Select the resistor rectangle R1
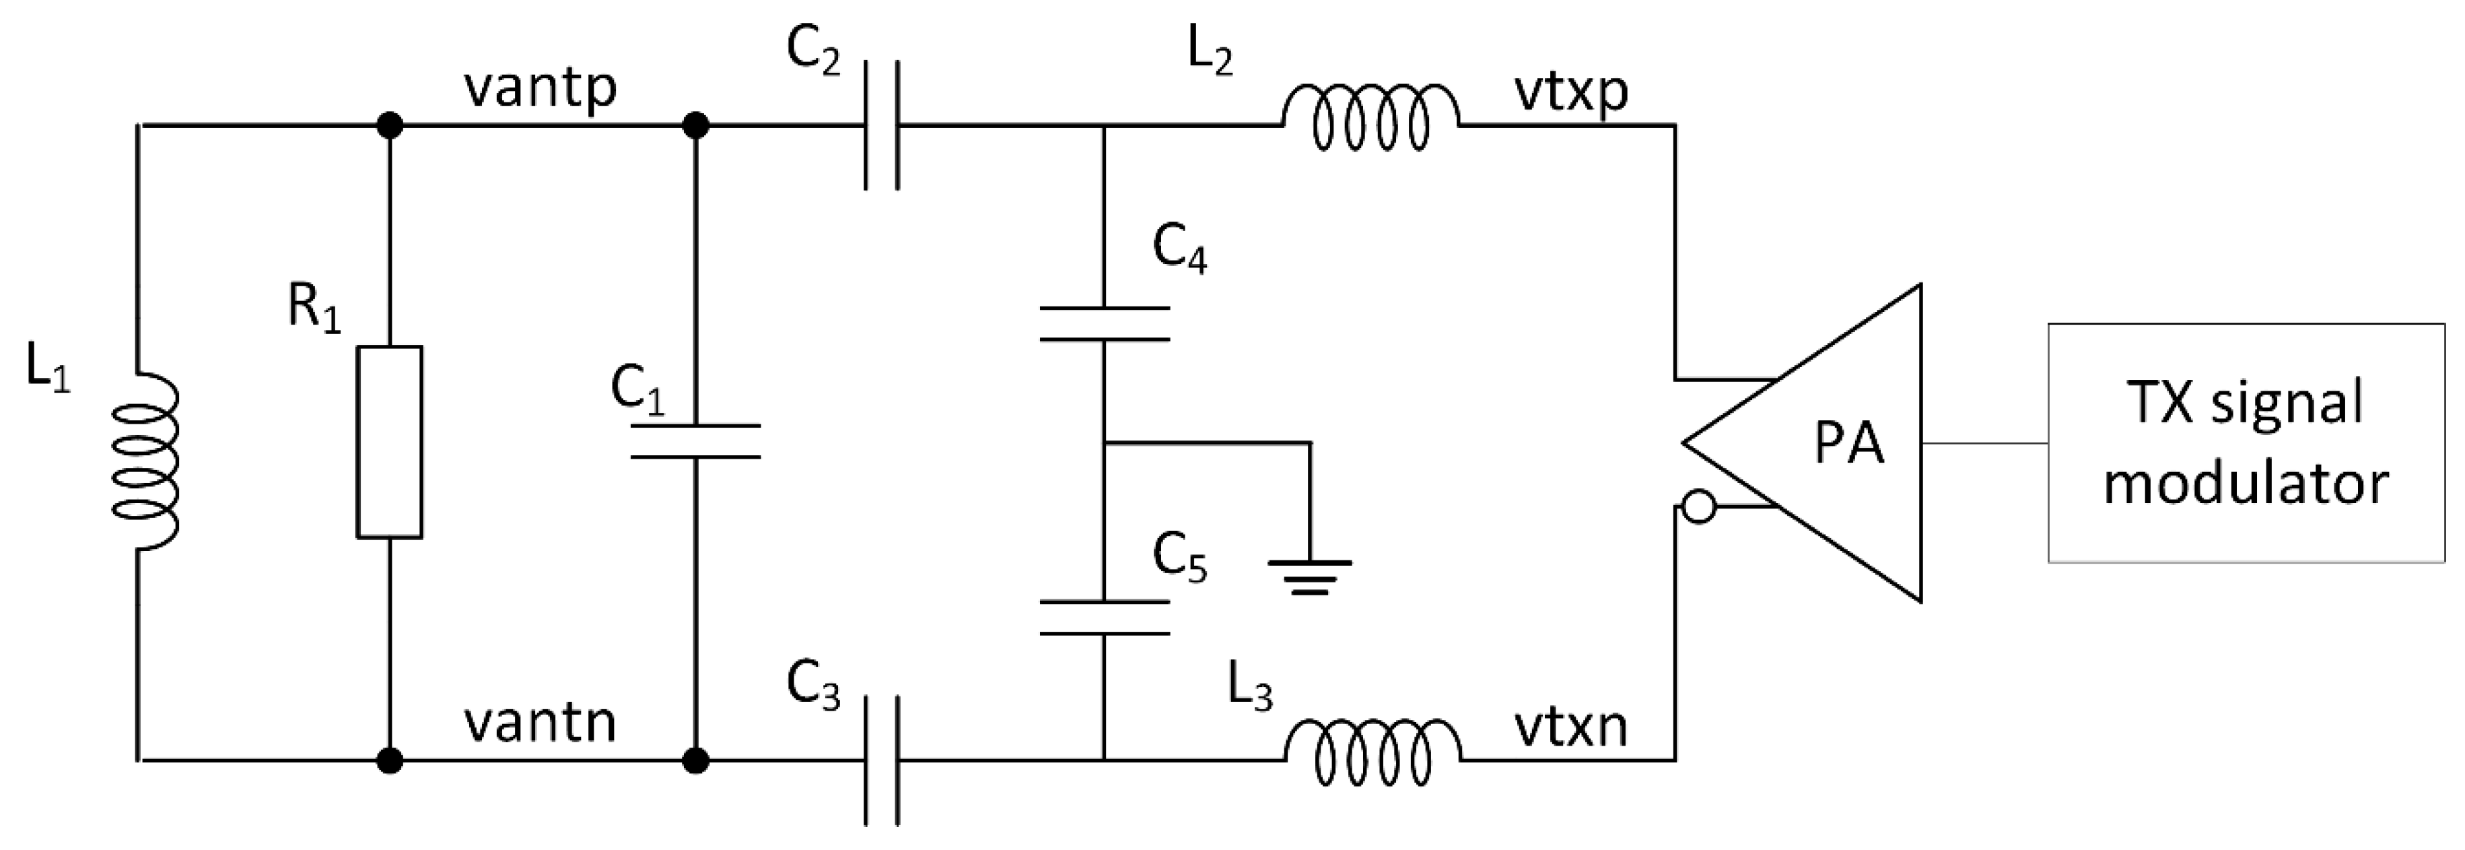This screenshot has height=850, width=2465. [390, 443]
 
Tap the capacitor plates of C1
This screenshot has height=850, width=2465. [695, 441]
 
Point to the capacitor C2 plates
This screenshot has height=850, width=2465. [881, 125]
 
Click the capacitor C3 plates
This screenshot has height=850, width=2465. [881, 761]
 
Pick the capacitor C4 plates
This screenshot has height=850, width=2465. [1105, 323]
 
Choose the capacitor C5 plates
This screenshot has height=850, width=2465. [1105, 618]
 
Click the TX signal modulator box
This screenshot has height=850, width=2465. [2245, 443]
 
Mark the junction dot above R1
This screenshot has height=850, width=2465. [390, 125]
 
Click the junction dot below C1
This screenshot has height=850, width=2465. [695, 761]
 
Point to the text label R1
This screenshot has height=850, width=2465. [314, 310]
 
